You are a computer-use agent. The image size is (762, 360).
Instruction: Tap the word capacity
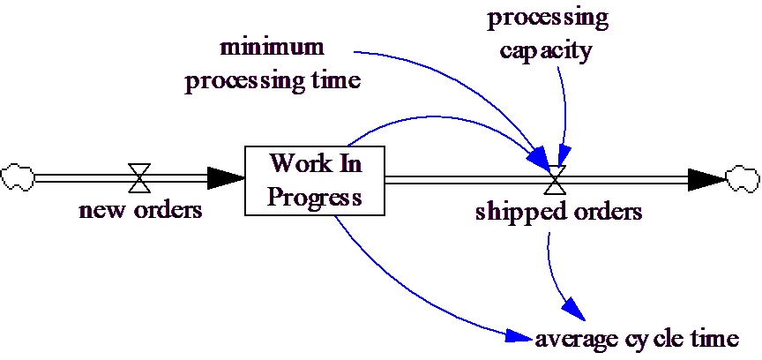click(545, 49)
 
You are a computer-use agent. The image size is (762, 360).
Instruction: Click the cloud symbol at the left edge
click(17, 177)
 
